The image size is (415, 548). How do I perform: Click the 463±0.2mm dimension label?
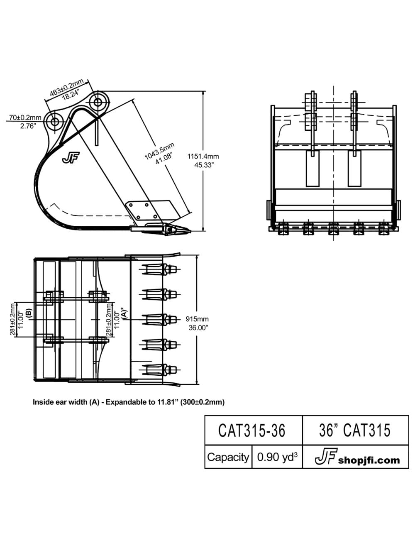tap(66, 86)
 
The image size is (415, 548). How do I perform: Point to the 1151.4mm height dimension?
tap(203, 157)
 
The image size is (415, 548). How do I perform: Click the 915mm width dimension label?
tap(198, 319)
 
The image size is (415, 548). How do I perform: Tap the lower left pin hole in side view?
tap(54, 122)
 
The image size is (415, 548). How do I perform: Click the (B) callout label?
tap(28, 313)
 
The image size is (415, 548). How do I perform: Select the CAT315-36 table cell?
tap(252, 430)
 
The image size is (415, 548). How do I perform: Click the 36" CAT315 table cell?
tap(355, 430)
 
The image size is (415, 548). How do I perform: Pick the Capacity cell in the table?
tap(228, 457)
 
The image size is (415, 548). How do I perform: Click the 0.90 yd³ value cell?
tap(277, 457)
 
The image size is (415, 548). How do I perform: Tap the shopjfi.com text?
tap(369, 460)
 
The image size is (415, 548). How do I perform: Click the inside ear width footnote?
tap(129, 402)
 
